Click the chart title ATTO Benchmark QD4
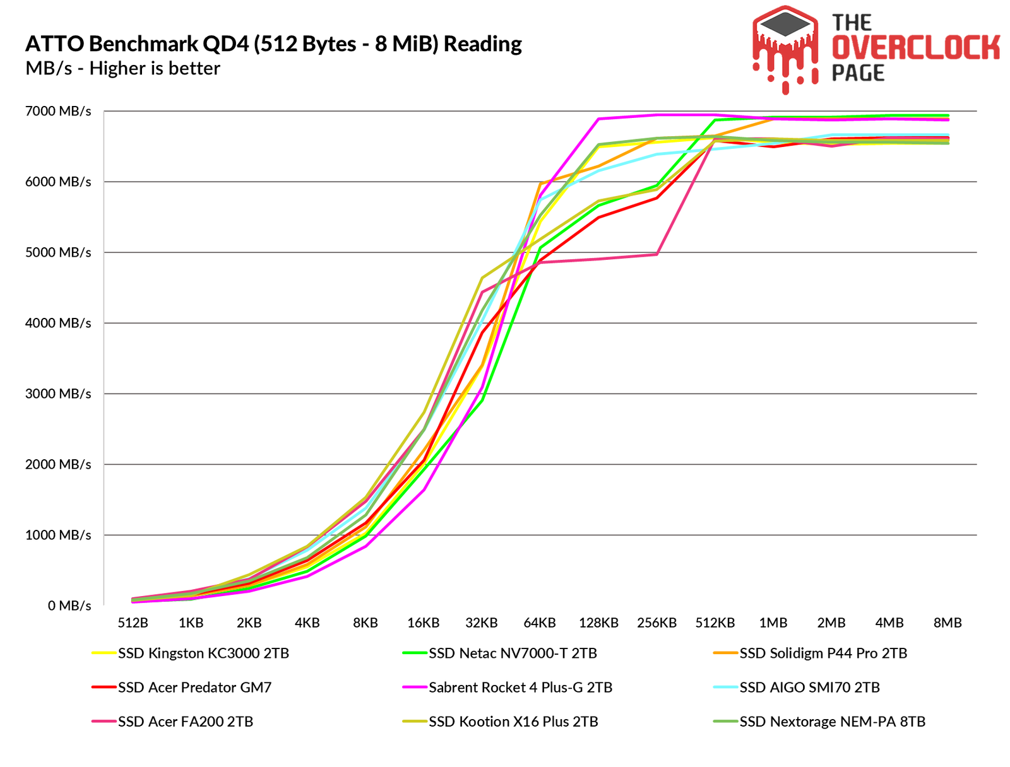coord(273,44)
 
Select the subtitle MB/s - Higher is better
coord(122,69)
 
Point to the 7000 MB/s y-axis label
coord(58,112)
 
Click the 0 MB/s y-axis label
coord(69,606)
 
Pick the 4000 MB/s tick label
coord(58,324)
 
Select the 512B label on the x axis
coord(133,623)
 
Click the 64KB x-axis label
coord(540,623)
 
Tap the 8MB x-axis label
coord(948,623)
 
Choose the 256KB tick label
coord(656,623)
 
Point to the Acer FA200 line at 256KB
coord(656,254)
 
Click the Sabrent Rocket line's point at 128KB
coord(598,119)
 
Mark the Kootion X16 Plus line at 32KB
coord(482,278)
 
